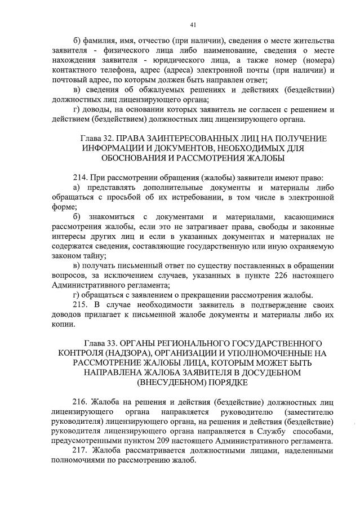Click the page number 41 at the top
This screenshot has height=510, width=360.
tap(193, 24)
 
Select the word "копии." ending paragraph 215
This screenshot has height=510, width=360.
tap(70, 325)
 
